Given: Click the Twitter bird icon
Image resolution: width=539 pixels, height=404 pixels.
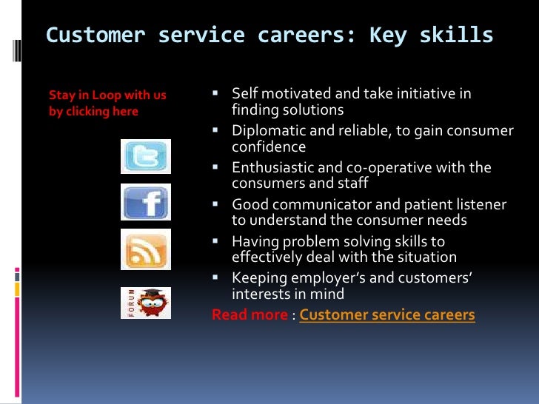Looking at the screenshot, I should pos(146,157).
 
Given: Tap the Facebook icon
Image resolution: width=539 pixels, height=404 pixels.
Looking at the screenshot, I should pos(146,201).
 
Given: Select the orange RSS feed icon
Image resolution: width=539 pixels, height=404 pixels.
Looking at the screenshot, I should pos(146,249).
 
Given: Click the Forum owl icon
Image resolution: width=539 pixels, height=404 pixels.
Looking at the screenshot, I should pos(146,303).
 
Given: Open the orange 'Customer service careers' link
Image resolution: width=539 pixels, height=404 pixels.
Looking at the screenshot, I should pos(386,314).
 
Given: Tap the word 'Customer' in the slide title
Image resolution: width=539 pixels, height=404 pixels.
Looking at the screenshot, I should pos(96,36).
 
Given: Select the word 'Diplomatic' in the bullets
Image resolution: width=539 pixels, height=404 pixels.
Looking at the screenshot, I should pos(266,131).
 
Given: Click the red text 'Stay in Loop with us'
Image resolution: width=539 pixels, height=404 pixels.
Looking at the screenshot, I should pos(107,95).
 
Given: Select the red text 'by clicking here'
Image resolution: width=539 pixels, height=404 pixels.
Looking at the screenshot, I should pos(93,111).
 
